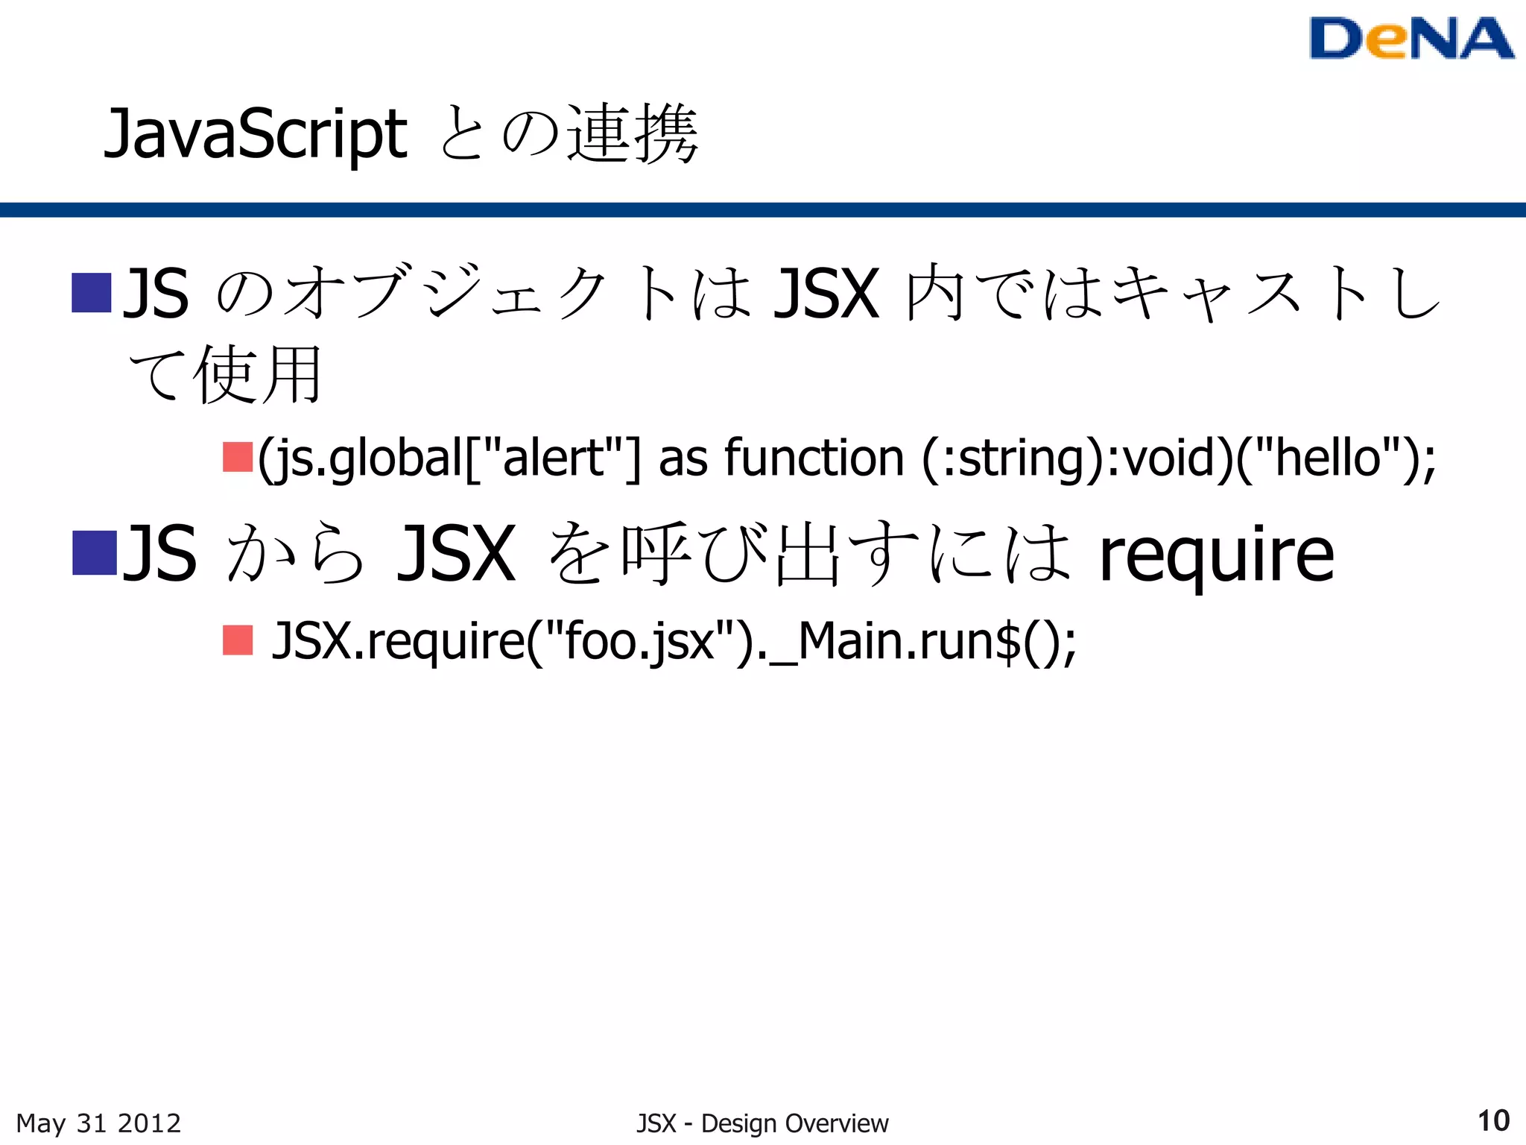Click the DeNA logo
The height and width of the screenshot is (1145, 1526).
pyautogui.click(x=1411, y=39)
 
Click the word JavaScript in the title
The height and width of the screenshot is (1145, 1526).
pyautogui.click(x=256, y=135)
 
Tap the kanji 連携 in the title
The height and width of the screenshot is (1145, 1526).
pyautogui.click(x=633, y=134)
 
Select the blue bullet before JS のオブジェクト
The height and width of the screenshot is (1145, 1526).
pyautogui.click(x=91, y=293)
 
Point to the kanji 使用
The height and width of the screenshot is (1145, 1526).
pyautogui.click(x=258, y=374)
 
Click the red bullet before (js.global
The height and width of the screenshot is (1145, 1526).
pyautogui.click(x=238, y=457)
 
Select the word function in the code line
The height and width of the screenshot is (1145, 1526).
pyautogui.click(x=814, y=457)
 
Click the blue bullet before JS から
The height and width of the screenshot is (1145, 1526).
pyautogui.click(x=94, y=553)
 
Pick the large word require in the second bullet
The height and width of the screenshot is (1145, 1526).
pyautogui.click(x=1216, y=555)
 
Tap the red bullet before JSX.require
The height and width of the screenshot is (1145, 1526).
pyautogui.click(x=238, y=640)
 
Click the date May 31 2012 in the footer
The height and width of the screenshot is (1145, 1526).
pyautogui.click(x=98, y=1123)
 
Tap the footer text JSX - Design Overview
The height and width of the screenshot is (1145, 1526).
pyautogui.click(x=762, y=1123)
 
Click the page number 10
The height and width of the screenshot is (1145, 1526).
pyautogui.click(x=1492, y=1121)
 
